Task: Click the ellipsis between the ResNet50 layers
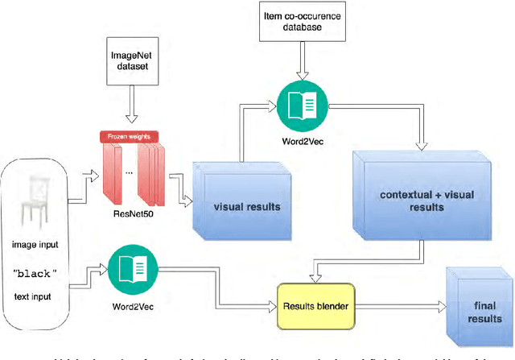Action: [129, 172]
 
